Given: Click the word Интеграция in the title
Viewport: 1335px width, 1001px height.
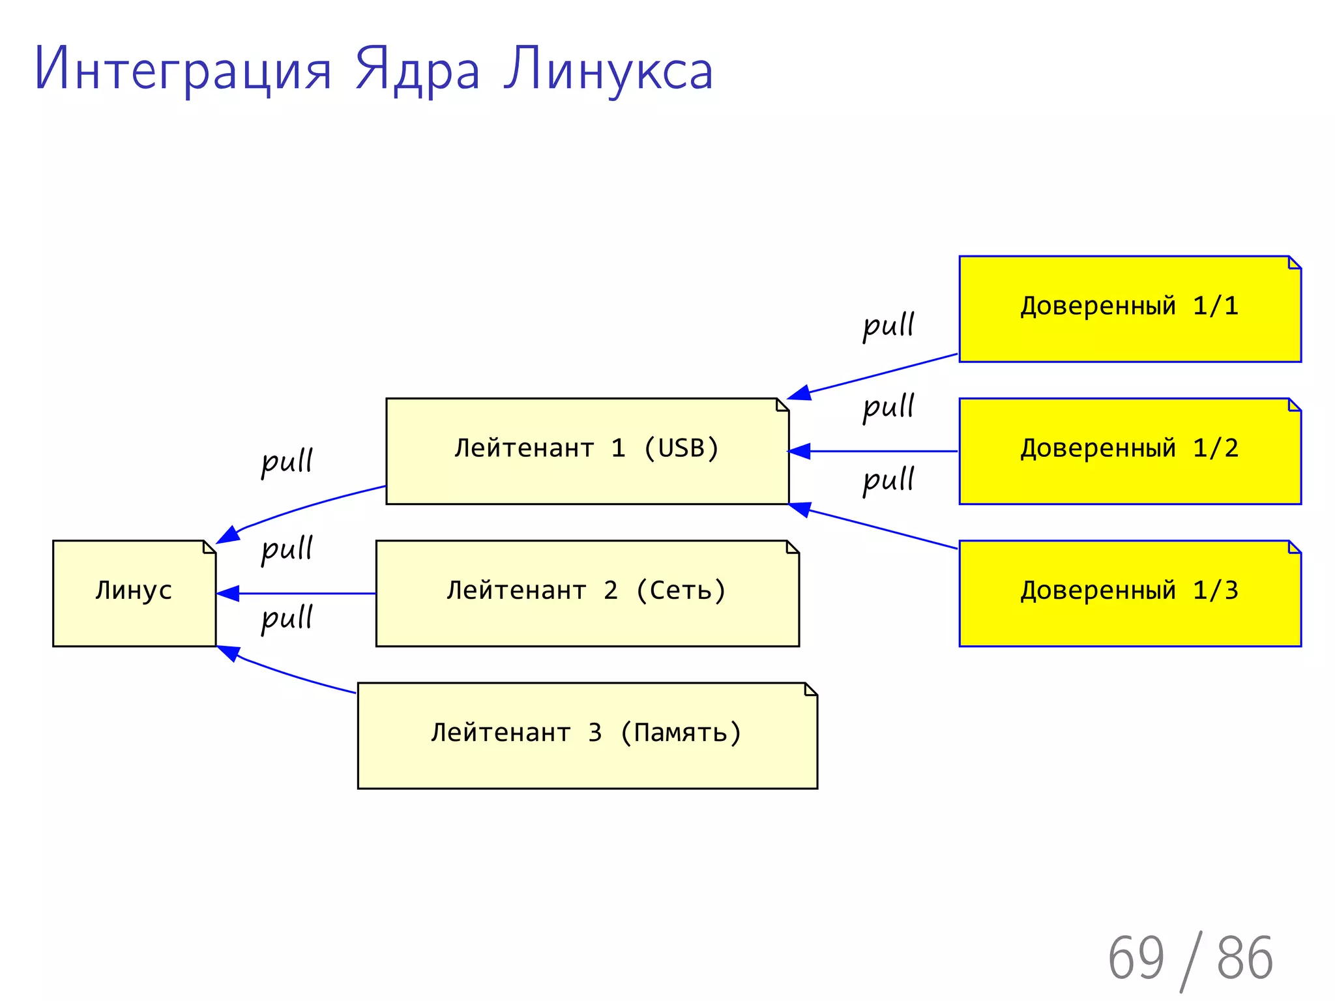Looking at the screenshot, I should click(x=183, y=70).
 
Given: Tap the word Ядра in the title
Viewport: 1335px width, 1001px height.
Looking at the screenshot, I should click(x=417, y=70).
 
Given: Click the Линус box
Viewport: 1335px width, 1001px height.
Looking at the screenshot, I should click(x=134, y=593).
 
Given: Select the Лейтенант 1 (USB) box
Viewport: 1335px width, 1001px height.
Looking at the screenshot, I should click(x=587, y=451).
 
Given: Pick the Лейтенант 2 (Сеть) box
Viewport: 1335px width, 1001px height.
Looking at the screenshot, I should click(x=587, y=593).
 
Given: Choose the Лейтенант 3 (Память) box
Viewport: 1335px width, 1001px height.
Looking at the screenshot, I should click(x=587, y=735).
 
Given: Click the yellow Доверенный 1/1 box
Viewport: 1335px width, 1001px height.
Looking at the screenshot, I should click(x=1130, y=309).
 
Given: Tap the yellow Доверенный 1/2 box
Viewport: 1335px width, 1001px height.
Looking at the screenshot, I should click(x=1130, y=451).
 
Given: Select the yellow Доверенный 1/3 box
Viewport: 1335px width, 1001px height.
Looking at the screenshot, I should click(x=1130, y=593).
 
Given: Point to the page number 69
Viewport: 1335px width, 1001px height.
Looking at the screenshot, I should click(x=1136, y=958).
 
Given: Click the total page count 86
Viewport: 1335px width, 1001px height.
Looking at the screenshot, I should click(x=1244, y=958).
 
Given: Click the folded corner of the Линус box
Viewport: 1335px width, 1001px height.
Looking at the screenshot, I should click(x=209, y=547).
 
